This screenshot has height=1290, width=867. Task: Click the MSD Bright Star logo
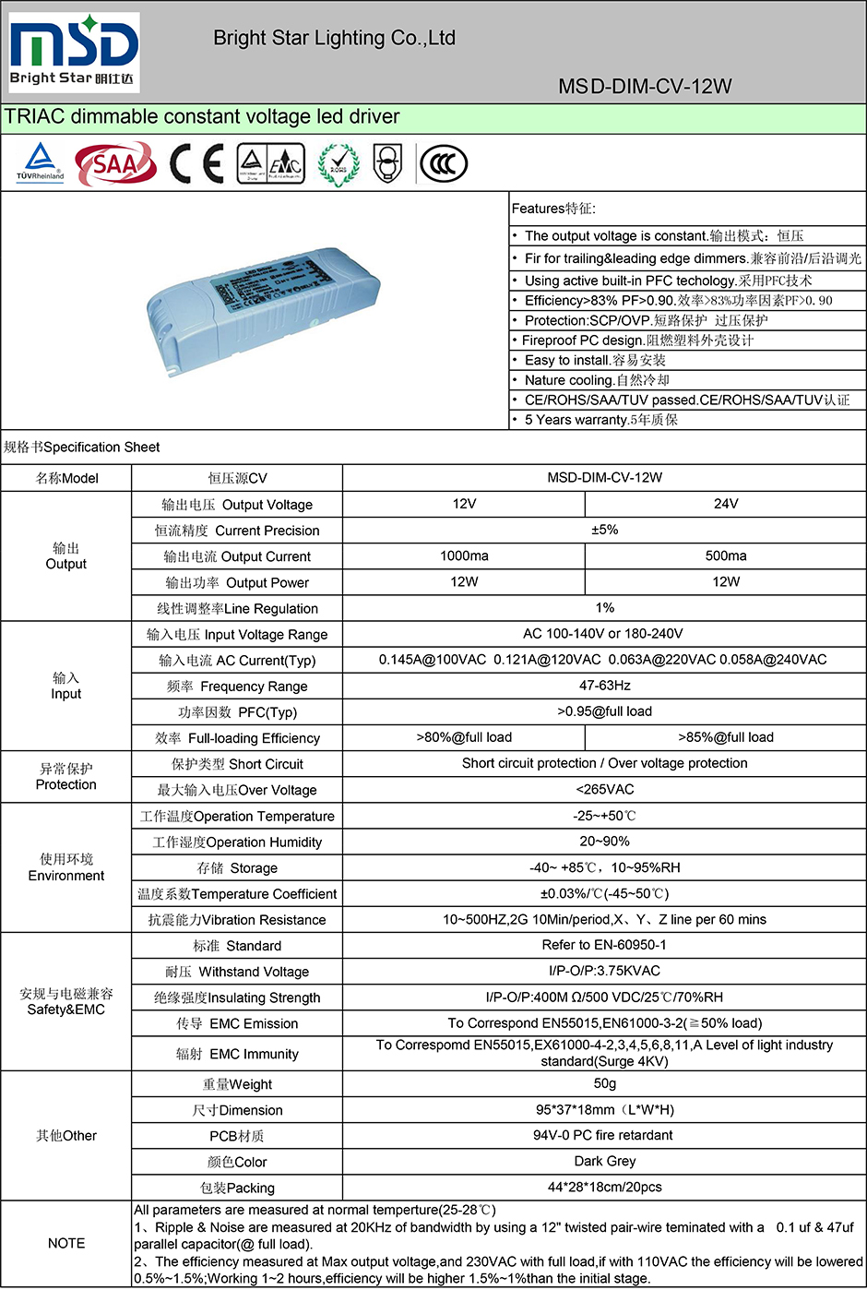(x=74, y=53)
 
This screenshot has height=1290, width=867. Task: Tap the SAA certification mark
(x=115, y=164)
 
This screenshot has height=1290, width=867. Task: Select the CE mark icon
(x=196, y=164)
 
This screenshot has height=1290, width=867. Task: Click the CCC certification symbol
(x=444, y=164)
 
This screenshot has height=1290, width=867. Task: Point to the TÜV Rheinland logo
(x=40, y=163)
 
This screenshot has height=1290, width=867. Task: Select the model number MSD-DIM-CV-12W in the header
(x=645, y=87)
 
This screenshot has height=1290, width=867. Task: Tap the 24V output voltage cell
(x=725, y=504)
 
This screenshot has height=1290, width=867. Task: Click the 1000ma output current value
(x=464, y=555)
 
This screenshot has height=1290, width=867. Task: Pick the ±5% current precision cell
(x=604, y=530)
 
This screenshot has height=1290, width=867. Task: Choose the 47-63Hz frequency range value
(x=604, y=686)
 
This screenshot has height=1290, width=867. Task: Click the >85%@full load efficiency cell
(x=725, y=737)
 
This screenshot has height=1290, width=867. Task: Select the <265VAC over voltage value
(x=604, y=789)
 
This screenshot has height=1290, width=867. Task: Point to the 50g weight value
(x=604, y=1083)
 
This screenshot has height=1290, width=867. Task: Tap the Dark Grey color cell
(x=604, y=1161)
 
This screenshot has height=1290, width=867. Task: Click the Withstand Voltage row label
(x=237, y=972)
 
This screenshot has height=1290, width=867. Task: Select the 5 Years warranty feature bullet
(x=601, y=420)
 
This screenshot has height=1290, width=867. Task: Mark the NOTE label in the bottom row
(x=66, y=1243)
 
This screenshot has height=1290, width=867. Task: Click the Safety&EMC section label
(x=66, y=1001)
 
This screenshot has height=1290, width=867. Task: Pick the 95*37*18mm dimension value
(x=604, y=1109)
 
